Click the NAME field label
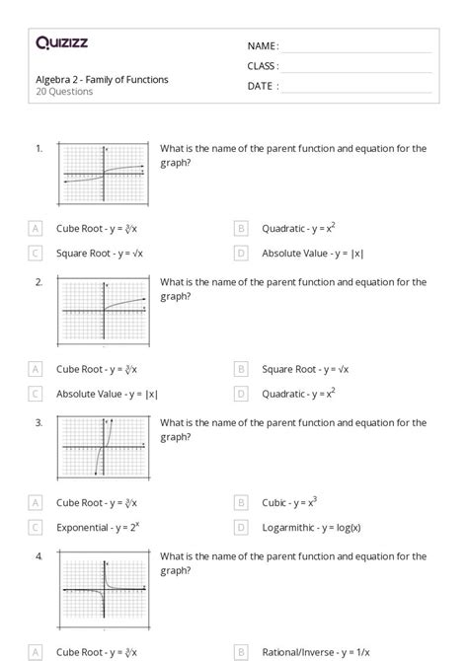[263, 46]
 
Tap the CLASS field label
[263, 66]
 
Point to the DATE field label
[262, 86]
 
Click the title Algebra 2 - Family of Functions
[102, 79]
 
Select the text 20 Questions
[64, 92]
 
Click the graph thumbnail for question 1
[103, 176]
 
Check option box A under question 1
[36, 229]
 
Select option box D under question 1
[241, 254]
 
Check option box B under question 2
[241, 369]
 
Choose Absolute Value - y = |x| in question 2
[107, 394]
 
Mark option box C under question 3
[36, 528]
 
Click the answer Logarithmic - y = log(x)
[310, 528]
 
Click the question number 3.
[39, 422]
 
